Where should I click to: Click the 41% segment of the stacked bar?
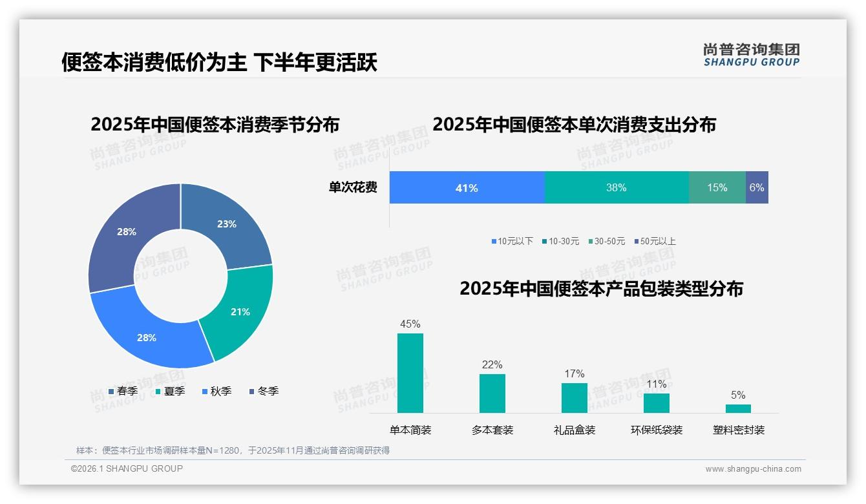tap(467, 188)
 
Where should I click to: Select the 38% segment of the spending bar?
tap(617, 188)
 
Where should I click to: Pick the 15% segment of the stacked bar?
tap(717, 188)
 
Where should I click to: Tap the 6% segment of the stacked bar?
tap(757, 188)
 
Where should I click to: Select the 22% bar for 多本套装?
tap(492, 394)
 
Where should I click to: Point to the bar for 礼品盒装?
tap(575, 398)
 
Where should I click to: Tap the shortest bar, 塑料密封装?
tap(738, 408)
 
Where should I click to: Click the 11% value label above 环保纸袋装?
tap(657, 384)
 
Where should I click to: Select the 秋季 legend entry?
tap(216, 391)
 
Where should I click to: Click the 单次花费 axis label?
tap(353, 188)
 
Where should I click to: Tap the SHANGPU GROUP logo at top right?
tap(751, 55)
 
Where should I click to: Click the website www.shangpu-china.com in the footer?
tap(753, 469)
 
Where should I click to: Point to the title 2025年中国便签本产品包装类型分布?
tap(601, 288)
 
